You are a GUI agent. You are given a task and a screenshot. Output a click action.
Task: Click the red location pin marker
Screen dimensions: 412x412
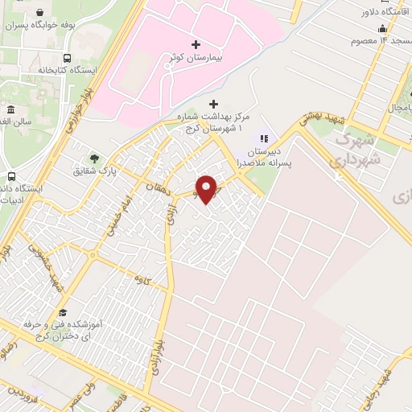[205, 187]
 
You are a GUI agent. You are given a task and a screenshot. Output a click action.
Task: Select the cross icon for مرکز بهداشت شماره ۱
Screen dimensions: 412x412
[213, 104]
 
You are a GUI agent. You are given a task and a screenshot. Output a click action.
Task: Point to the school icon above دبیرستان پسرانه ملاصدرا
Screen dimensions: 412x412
[263, 138]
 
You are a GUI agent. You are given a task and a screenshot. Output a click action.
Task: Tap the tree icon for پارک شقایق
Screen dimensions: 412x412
[96, 158]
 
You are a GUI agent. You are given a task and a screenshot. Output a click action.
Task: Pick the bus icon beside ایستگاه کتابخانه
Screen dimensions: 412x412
[67, 58]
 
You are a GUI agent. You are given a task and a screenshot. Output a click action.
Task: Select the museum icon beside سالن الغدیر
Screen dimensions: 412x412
[10, 109]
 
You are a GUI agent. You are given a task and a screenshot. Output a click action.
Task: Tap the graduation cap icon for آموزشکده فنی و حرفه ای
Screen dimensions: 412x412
[62, 312]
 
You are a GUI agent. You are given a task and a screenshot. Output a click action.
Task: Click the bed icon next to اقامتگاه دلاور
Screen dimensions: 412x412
[402, 11]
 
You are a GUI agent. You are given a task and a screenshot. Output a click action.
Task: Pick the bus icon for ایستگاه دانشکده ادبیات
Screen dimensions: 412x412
[12, 176]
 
